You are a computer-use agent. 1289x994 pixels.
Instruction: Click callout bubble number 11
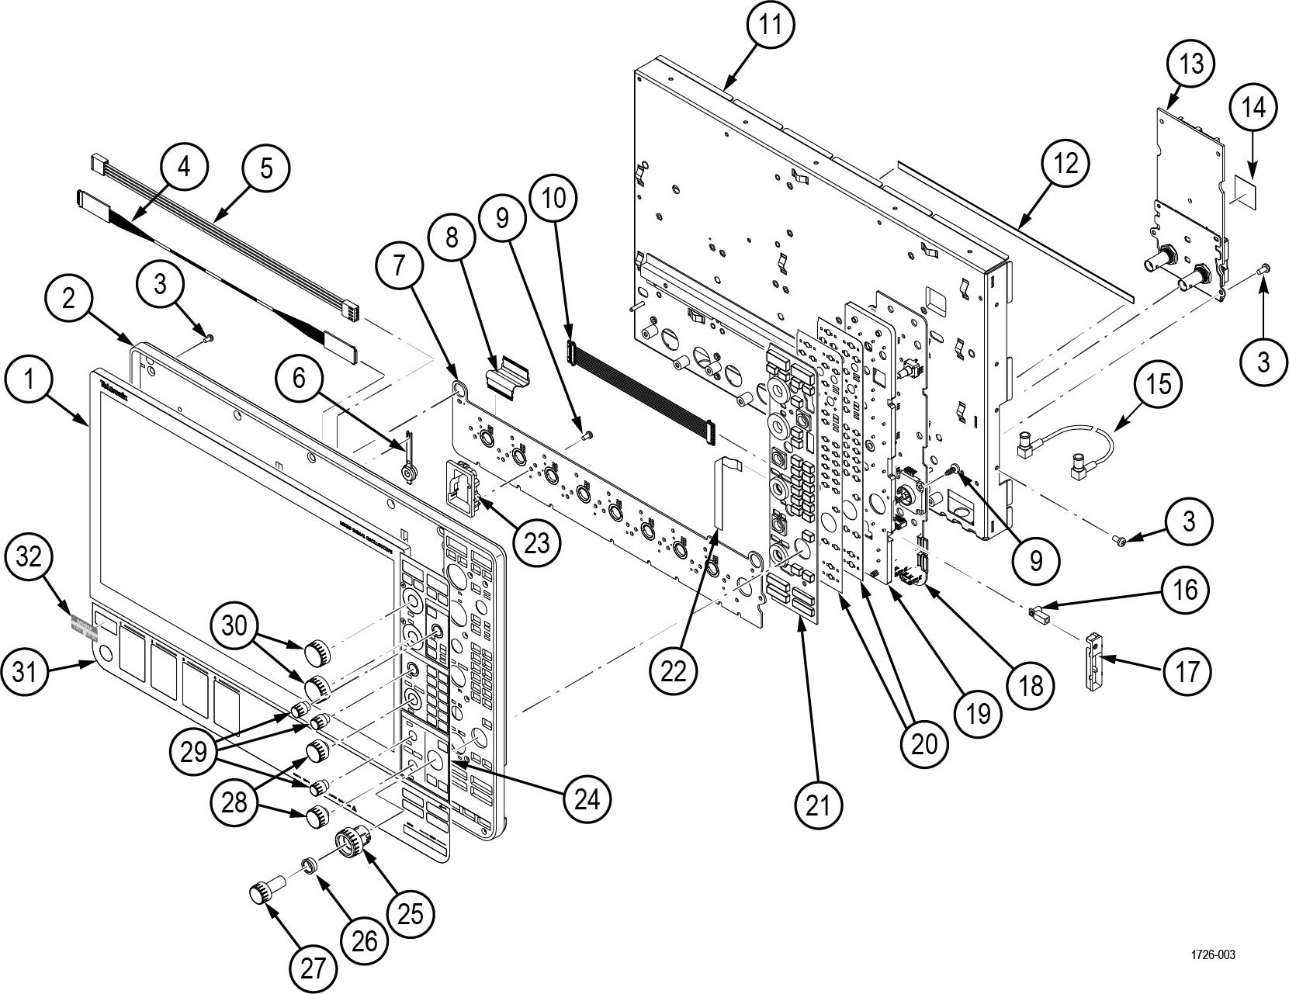[x=771, y=26]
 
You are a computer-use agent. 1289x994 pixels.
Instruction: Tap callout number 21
[x=818, y=805]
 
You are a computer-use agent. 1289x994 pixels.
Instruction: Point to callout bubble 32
[x=29, y=557]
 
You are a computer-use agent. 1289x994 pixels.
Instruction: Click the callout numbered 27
[x=313, y=968]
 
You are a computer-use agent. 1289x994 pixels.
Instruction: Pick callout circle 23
[x=535, y=542]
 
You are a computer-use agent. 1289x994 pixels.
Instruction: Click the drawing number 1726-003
[x=1213, y=955]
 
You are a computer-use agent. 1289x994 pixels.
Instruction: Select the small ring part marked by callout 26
[x=309, y=864]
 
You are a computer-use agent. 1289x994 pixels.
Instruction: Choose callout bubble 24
[x=587, y=799]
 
